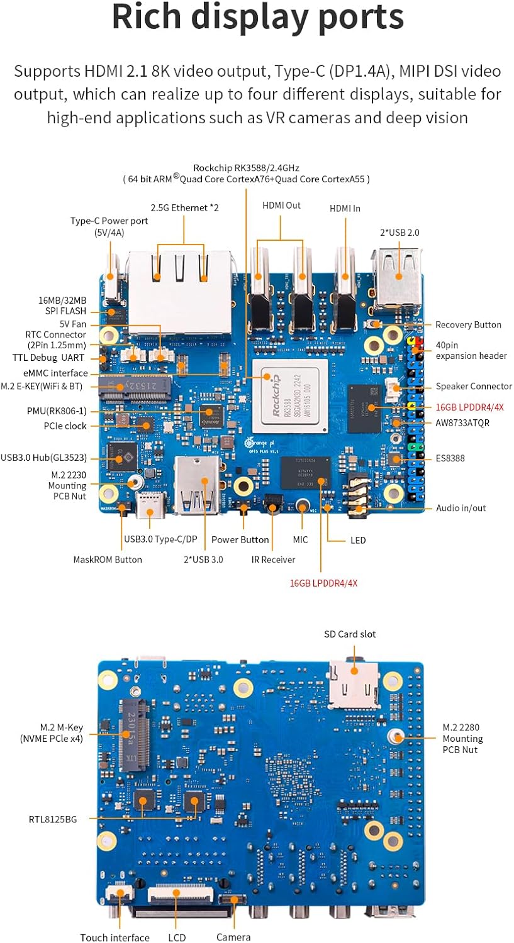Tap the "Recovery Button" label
[468, 325]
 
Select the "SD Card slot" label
[350, 634]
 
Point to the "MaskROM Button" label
[108, 560]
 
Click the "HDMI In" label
[345, 207]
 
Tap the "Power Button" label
[240, 539]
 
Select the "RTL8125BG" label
[53, 819]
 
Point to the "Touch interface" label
[115, 937]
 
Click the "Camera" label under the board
[233, 937]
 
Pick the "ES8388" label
[449, 458]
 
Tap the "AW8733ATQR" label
[462, 423]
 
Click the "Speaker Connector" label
[473, 386]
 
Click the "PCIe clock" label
[66, 426]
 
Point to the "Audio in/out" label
[461, 508]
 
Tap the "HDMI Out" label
[281, 205]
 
